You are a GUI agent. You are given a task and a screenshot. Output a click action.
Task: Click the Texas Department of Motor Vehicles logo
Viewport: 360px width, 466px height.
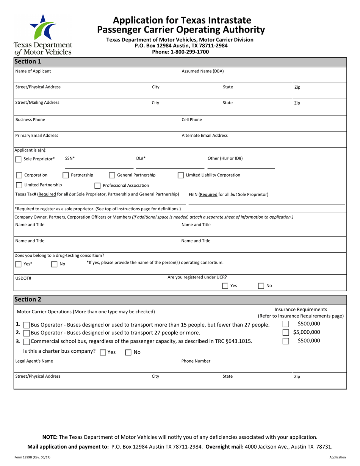pos(42,34)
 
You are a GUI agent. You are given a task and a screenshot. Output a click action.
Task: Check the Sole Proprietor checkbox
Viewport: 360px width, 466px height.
pos(18,160)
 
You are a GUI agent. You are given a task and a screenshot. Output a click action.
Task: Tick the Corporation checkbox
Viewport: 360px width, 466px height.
pos(19,175)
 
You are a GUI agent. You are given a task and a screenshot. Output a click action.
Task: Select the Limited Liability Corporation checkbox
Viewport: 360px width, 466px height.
pos(181,175)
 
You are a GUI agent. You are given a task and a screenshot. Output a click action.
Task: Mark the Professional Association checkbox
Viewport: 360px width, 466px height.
pos(97,186)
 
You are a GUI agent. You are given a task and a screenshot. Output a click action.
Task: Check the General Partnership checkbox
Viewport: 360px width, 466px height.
pos(112,175)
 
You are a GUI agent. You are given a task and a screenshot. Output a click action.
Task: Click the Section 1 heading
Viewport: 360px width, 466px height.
pos(28,61)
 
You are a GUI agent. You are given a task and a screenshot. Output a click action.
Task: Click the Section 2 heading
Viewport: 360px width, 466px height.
pos(28,299)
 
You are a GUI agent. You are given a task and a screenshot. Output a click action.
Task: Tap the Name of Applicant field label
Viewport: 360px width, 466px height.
pos(33,71)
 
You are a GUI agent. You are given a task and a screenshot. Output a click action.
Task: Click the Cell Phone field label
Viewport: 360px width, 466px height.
pos(192,120)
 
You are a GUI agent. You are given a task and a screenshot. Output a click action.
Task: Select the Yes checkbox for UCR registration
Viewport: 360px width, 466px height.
pos(225,286)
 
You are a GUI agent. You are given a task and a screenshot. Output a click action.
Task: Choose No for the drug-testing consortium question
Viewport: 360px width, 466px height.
pos(54,264)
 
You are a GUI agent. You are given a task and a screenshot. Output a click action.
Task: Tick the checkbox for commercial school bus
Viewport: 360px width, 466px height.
pos(26,342)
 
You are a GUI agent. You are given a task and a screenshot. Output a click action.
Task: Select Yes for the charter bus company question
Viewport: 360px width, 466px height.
pos(103,352)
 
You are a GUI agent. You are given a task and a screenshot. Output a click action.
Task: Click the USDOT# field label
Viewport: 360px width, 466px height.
pos(23,278)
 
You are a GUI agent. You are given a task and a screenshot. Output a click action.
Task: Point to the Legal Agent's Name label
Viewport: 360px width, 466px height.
pos(34,361)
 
